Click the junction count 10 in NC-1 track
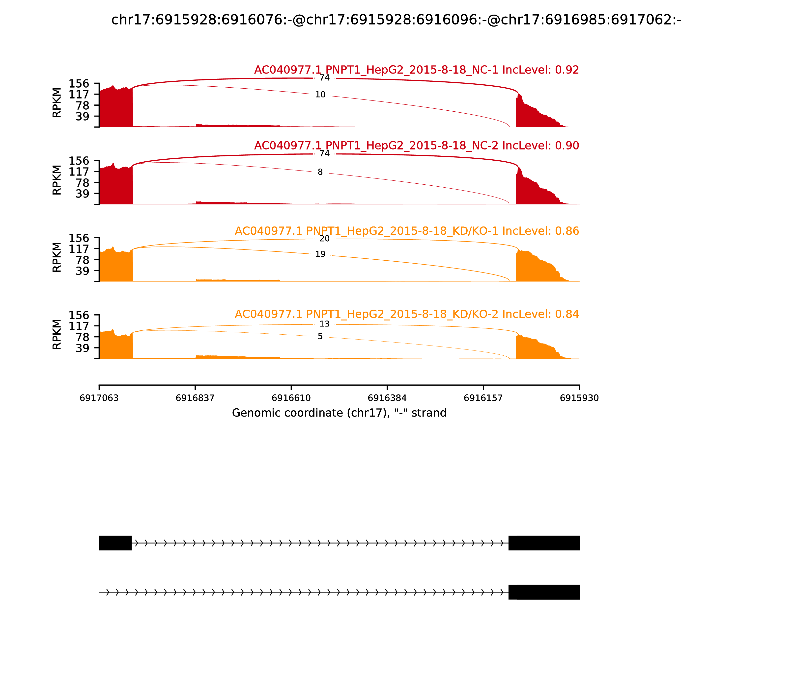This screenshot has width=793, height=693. [320, 95]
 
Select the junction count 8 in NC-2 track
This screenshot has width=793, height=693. [320, 172]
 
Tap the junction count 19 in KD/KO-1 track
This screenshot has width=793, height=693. [320, 254]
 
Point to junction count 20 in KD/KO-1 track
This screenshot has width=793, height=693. [324, 239]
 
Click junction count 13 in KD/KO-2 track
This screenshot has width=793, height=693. [324, 324]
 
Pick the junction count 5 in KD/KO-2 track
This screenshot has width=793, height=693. [320, 336]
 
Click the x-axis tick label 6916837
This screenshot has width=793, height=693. [195, 398]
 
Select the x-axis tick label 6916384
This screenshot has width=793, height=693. [387, 398]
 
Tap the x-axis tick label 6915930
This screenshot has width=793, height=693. [579, 398]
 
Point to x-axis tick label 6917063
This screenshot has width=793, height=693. [99, 398]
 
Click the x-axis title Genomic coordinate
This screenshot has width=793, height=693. [339, 413]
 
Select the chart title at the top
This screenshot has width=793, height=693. [396, 20]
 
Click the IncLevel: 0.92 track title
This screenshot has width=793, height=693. [416, 70]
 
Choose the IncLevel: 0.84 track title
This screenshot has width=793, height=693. [407, 314]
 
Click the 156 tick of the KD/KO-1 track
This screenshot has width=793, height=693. [79, 238]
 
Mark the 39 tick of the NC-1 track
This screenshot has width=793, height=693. [83, 116]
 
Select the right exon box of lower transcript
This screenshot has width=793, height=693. [544, 592]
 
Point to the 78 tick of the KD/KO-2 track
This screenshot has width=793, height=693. [83, 337]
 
